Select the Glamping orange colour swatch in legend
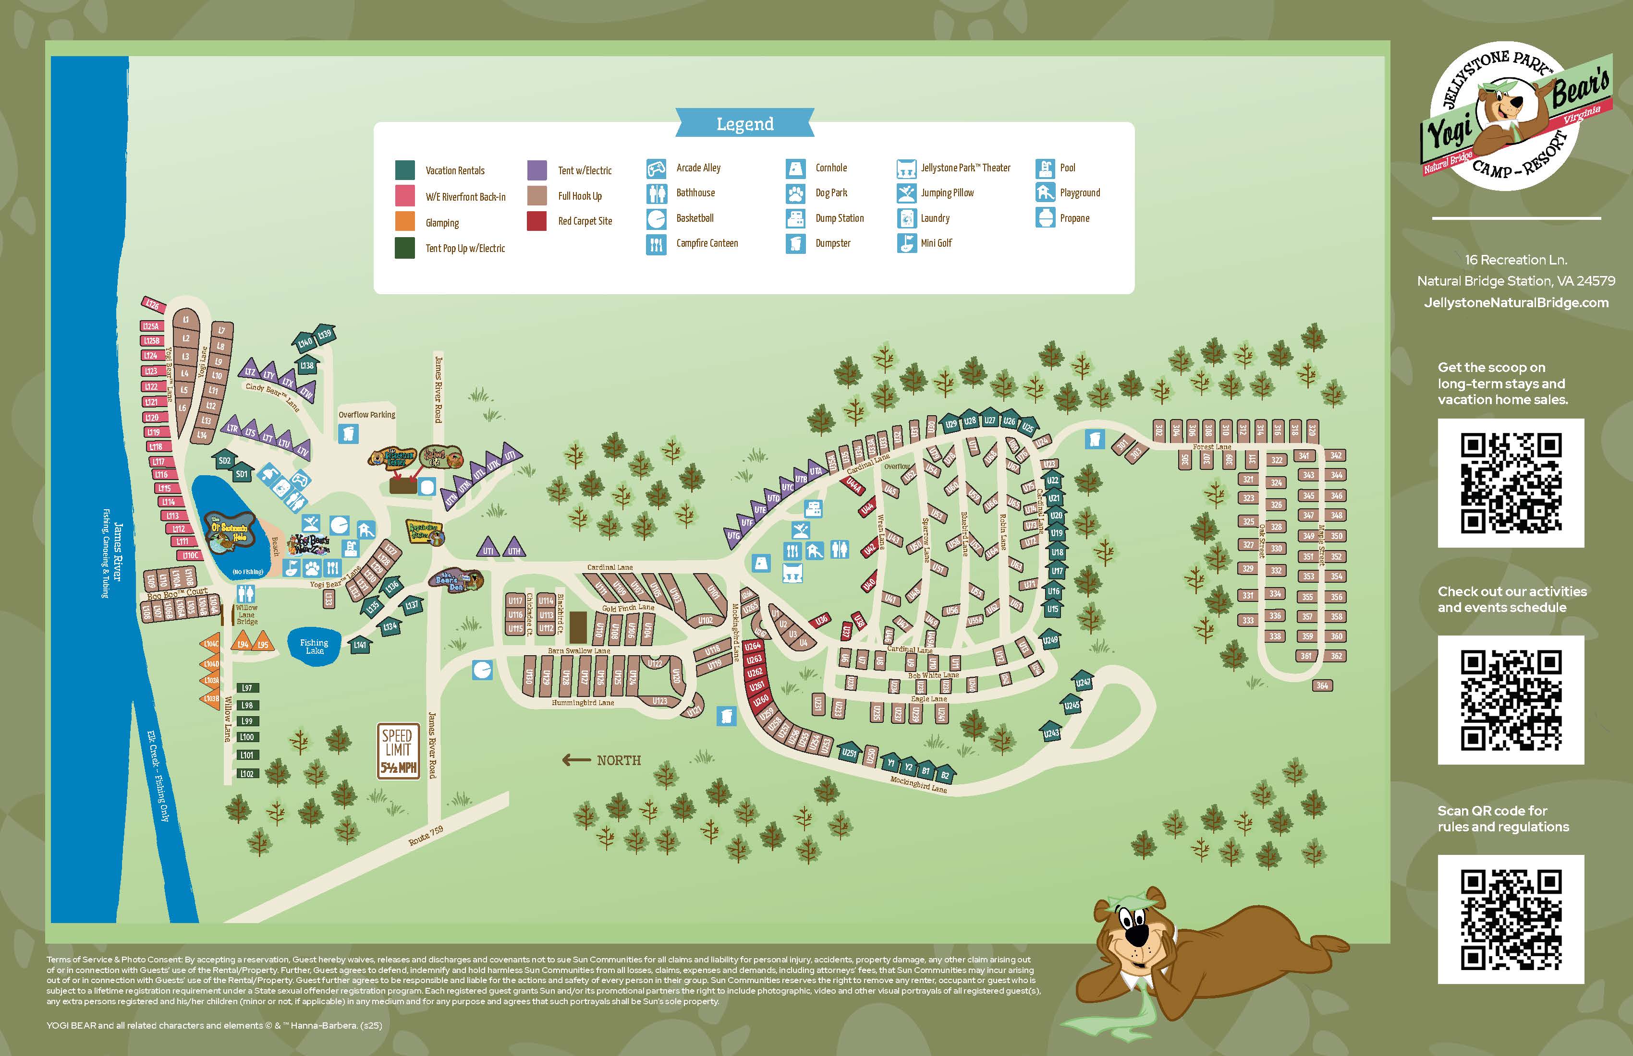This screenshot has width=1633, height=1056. click(405, 221)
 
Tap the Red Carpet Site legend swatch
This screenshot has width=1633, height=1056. click(536, 221)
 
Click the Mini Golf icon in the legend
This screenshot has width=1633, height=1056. click(906, 243)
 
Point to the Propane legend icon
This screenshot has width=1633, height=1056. click(1045, 218)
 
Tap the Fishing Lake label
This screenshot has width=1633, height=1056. click(314, 647)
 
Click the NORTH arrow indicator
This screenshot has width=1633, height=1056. click(602, 760)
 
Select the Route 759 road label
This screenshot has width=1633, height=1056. click(426, 835)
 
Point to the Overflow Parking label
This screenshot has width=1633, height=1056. click(366, 415)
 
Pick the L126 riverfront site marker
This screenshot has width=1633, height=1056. click(152, 304)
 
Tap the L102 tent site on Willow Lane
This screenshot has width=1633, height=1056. click(247, 773)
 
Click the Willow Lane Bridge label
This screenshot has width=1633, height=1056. click(246, 614)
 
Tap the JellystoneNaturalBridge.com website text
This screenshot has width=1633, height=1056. click(1516, 302)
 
